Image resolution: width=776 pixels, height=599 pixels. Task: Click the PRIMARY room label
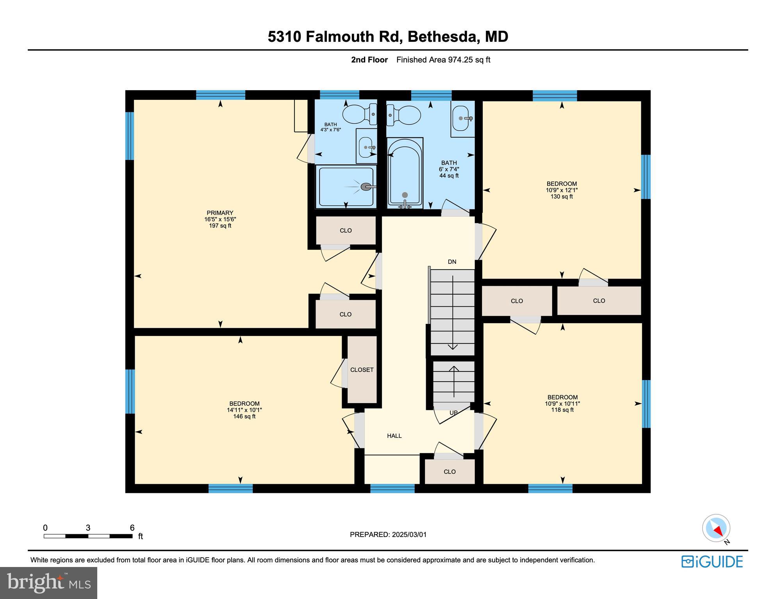click(x=220, y=213)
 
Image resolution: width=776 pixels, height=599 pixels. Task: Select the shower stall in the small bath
click(x=346, y=187)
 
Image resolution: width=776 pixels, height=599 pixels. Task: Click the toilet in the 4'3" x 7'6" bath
click(x=359, y=114)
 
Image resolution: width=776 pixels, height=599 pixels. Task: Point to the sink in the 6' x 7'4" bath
click(x=463, y=119)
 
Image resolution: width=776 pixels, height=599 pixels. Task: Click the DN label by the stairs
click(x=452, y=262)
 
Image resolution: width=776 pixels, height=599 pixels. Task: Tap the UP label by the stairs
click(x=453, y=412)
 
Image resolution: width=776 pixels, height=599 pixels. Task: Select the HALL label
click(x=394, y=436)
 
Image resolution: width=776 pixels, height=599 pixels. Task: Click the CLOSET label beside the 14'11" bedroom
click(x=362, y=370)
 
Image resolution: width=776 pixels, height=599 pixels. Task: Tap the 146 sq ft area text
click(x=244, y=416)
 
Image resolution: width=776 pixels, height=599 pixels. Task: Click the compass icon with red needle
click(x=716, y=528)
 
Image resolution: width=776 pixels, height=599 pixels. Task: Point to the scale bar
click(x=88, y=536)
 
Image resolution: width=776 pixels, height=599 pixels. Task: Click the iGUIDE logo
click(x=712, y=562)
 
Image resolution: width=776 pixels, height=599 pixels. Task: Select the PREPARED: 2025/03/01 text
click(x=388, y=535)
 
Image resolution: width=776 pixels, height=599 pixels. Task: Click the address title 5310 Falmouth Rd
click(x=388, y=37)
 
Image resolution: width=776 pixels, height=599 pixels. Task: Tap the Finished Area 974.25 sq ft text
click(x=443, y=60)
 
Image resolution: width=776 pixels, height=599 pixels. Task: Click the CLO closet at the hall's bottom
click(x=450, y=472)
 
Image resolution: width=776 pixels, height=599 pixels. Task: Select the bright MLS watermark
click(x=48, y=583)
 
